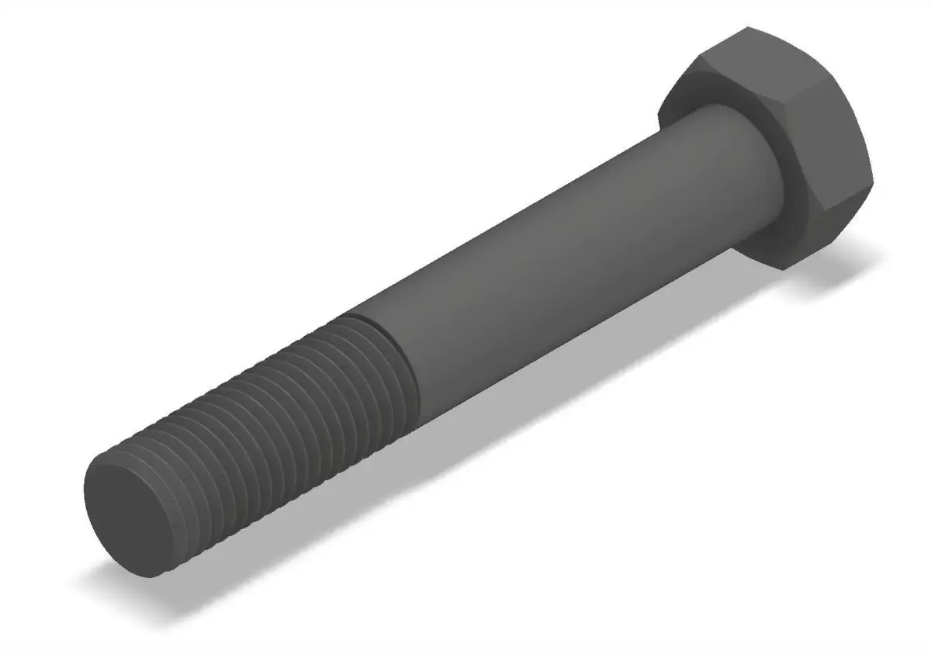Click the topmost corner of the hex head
[748, 28]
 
